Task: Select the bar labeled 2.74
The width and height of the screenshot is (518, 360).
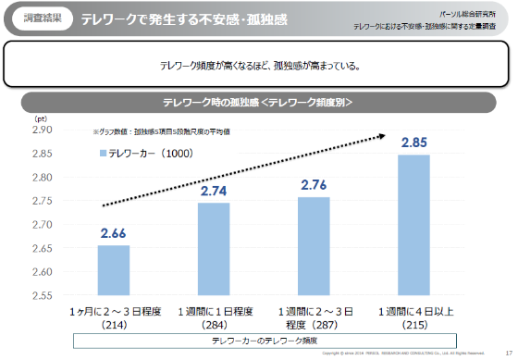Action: [214, 249]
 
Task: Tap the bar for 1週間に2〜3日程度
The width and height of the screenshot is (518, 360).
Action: [314, 246]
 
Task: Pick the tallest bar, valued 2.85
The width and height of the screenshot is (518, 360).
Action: [413, 225]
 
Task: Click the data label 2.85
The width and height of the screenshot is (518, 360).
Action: [413, 143]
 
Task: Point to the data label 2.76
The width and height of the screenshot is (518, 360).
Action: [314, 185]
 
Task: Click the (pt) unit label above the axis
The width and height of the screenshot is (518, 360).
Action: [41, 118]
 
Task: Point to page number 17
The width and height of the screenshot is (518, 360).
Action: [508, 353]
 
